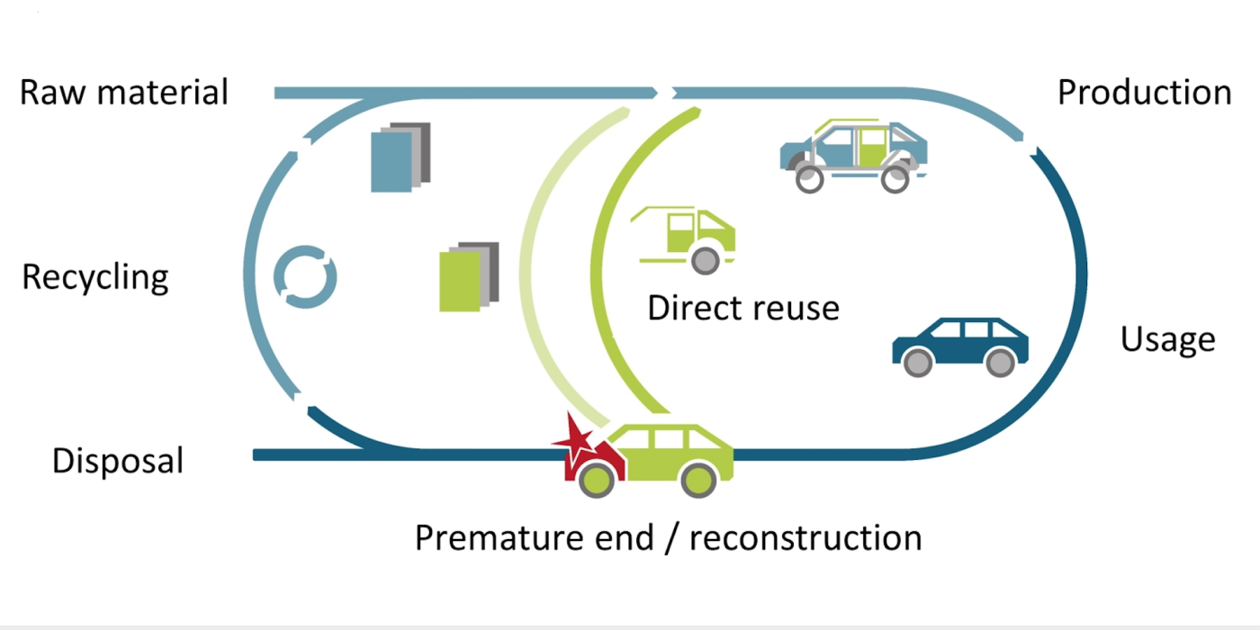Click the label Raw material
pos(124,93)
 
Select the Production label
pos(1144,93)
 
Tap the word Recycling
pos(95,277)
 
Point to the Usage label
pos(1167,340)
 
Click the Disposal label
pos(118,461)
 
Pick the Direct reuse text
pos(743,308)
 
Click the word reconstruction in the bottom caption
pos(805,538)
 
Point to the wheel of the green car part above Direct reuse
pos(704,260)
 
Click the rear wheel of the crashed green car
pos(698,480)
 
